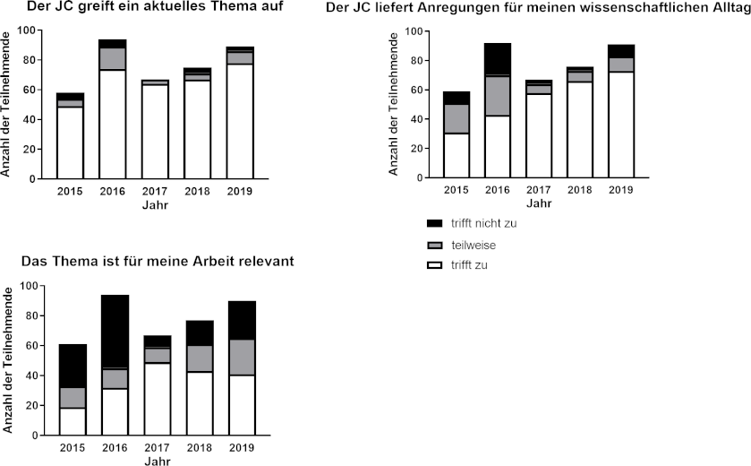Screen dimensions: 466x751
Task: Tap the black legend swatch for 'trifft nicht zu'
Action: pyautogui.click(x=436, y=222)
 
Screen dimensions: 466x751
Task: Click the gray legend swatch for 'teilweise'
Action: pyautogui.click(x=436, y=244)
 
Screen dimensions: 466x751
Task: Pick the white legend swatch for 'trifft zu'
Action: pyautogui.click(x=436, y=264)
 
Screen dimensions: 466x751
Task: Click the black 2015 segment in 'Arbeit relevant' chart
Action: pyautogui.click(x=73, y=366)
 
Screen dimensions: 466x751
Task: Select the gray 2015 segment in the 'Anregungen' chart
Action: pyautogui.click(x=457, y=119)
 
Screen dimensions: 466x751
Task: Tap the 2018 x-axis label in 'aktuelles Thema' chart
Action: pyautogui.click(x=197, y=192)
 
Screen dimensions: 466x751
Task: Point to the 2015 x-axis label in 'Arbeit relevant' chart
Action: pyautogui.click(x=73, y=447)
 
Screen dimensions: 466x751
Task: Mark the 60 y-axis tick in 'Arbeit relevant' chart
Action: pyautogui.click(x=32, y=346)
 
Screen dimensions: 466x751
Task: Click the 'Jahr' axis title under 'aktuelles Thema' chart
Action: pyautogui.click(x=155, y=205)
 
